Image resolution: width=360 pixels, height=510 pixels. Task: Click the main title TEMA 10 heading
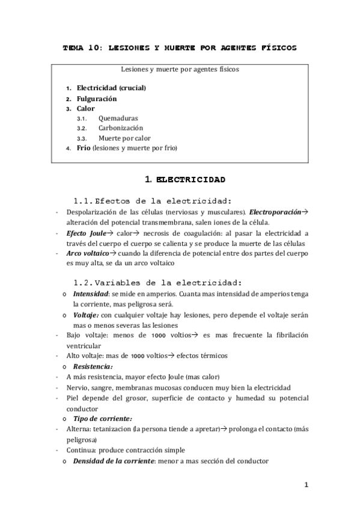tap(180, 48)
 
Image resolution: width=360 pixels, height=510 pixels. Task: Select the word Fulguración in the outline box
tap(97, 98)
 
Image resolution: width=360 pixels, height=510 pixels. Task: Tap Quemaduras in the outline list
tap(118, 118)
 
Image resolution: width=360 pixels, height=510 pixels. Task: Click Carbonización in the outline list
tap(121, 128)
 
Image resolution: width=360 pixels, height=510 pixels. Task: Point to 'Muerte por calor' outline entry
tap(125, 138)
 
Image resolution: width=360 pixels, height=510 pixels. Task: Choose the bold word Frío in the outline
tap(84, 147)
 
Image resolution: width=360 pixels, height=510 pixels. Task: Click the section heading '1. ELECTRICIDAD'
tap(185, 179)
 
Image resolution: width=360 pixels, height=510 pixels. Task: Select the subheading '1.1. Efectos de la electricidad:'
tap(153, 201)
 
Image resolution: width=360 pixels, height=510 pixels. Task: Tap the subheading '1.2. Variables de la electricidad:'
tap(157, 282)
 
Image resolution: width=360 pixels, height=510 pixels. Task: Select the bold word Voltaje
tap(86, 315)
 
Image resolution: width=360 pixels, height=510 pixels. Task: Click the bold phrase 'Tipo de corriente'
tap(102, 418)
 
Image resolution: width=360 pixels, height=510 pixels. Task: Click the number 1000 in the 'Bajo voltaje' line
tap(159, 336)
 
